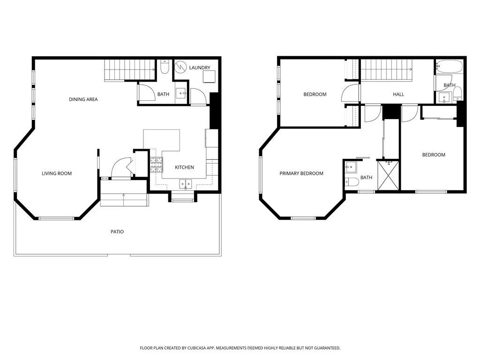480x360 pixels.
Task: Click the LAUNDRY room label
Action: [200, 68]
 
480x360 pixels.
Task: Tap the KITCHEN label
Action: [184, 167]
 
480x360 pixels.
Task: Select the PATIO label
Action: [117, 232]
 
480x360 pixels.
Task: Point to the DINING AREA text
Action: [83, 99]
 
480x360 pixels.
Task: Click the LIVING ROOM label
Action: [57, 173]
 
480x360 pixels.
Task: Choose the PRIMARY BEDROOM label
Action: [301, 173]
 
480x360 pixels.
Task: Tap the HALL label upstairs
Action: [398, 94]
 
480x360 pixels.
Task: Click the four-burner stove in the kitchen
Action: [156, 164]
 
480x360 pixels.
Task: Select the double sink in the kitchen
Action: [186, 184]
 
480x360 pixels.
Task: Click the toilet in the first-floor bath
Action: [165, 68]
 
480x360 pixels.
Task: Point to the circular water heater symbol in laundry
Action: [181, 67]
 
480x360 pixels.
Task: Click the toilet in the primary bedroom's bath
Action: [352, 181]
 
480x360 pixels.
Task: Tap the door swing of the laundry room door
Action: [197, 96]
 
